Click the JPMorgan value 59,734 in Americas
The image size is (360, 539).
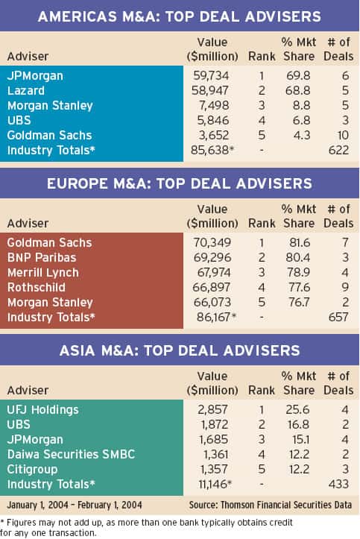[211, 75]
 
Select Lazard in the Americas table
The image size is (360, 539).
[26, 90]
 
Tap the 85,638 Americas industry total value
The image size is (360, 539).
[210, 150]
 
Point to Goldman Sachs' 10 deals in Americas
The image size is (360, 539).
[343, 135]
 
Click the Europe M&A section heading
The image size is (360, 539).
[180, 183]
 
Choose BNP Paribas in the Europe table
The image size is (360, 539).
[42, 257]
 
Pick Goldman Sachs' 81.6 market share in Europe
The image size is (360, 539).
[300, 243]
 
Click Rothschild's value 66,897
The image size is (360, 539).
[211, 287]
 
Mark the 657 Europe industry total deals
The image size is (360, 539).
[338, 317]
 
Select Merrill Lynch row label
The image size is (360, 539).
[43, 273]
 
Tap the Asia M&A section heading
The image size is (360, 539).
[180, 350]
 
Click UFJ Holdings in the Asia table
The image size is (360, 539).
[42, 410]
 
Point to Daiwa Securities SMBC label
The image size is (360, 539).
[71, 455]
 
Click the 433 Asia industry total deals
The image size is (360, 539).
[338, 484]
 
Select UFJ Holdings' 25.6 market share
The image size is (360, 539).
[297, 410]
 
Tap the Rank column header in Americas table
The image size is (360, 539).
[262, 57]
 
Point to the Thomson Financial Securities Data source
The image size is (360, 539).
[271, 505]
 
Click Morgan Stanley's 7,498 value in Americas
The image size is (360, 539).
[214, 106]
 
